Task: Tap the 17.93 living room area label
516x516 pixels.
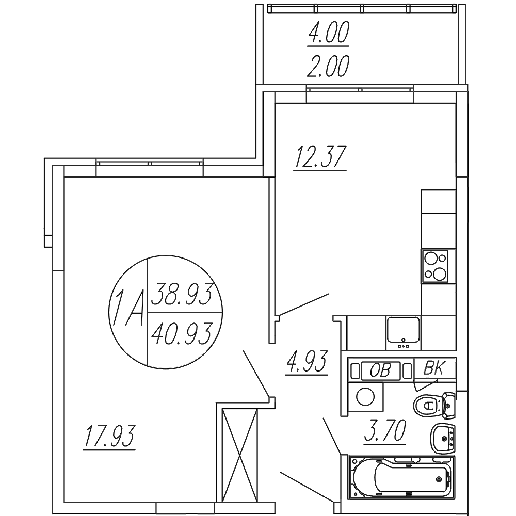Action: [109, 436]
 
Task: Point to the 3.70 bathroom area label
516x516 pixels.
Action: [385, 431]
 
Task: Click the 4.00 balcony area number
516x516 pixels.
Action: [328, 33]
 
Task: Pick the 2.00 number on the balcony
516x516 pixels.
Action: [328, 66]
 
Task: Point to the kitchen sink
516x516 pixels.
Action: [404, 333]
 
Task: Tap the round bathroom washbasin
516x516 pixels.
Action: [443, 439]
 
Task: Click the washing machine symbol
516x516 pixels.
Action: [366, 397]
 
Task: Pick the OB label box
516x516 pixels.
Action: [381, 370]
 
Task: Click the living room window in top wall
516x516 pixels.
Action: [150, 163]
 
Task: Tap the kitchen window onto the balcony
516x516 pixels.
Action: [360, 89]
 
